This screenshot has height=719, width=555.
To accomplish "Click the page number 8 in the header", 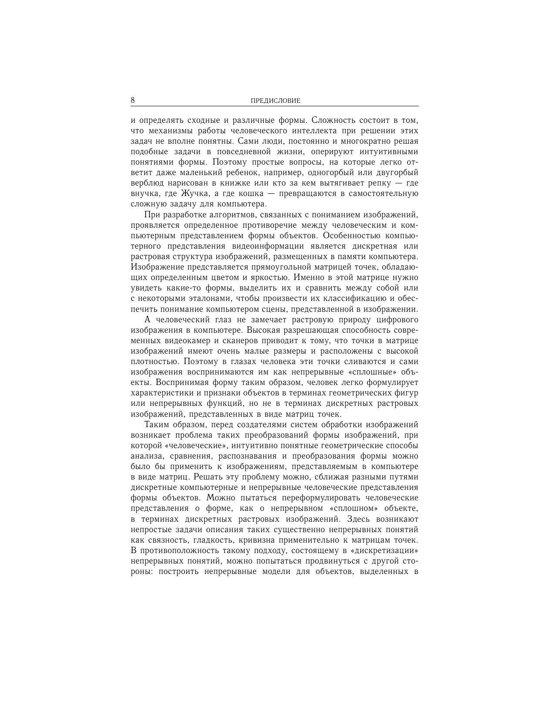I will tap(133, 100).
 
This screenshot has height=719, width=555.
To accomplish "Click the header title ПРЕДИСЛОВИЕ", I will tap(276, 101).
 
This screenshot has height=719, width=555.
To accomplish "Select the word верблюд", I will tap(147, 183).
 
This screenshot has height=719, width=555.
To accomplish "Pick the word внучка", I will tap(145, 194).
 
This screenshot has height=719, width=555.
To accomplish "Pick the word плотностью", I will tap(155, 361).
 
